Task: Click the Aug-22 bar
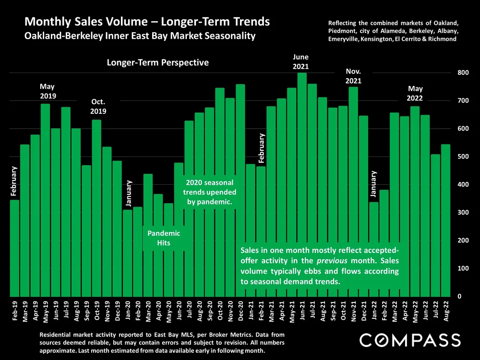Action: (445, 220)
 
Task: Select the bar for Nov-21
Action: (353, 192)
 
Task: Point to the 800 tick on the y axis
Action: (462, 73)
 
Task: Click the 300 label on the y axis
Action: (462, 213)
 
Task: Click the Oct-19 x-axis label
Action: (97, 311)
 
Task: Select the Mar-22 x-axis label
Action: (395, 311)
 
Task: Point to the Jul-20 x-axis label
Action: (190, 311)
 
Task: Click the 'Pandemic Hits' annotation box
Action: (164, 238)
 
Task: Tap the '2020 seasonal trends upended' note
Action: (210, 192)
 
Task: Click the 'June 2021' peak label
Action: (301, 62)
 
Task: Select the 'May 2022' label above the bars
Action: (415, 93)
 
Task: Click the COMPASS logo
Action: (410, 340)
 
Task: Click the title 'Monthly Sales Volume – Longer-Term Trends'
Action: (147, 22)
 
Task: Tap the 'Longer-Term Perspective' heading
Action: (158, 63)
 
